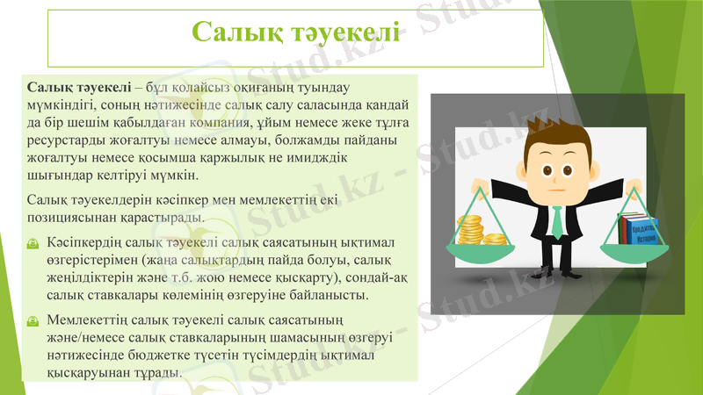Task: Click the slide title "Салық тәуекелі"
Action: coord(296,33)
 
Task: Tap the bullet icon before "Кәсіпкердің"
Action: coord(33,241)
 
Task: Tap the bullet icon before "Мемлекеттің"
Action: coord(33,320)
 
